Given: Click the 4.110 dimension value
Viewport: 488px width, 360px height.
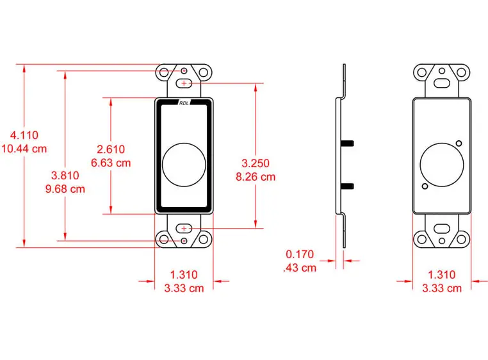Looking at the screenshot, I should coord(25,135).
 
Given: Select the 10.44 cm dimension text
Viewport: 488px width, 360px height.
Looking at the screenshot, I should coord(25,149).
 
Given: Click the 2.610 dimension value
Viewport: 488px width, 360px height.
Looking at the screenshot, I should coord(111,149).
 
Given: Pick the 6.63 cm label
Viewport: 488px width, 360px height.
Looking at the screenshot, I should coord(111,163).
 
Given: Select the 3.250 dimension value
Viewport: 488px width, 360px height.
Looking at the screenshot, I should coord(256,163).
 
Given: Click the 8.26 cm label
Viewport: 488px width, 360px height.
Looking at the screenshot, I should coord(256,177).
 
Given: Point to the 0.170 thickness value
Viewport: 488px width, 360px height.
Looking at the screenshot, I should coord(300,254).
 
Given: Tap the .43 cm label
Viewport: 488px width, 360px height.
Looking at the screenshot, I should coord(300,268).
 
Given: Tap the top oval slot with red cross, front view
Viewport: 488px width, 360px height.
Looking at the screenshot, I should coord(184,84).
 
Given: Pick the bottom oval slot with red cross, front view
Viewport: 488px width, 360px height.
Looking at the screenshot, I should coord(184,227).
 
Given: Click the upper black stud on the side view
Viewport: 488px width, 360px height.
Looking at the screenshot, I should coord(349,141).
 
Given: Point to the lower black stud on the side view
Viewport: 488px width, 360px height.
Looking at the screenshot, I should coord(349,186).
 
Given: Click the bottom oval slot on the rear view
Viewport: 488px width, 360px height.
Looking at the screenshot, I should coord(441,227).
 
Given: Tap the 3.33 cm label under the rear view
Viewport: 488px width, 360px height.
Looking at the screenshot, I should coord(441,288).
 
